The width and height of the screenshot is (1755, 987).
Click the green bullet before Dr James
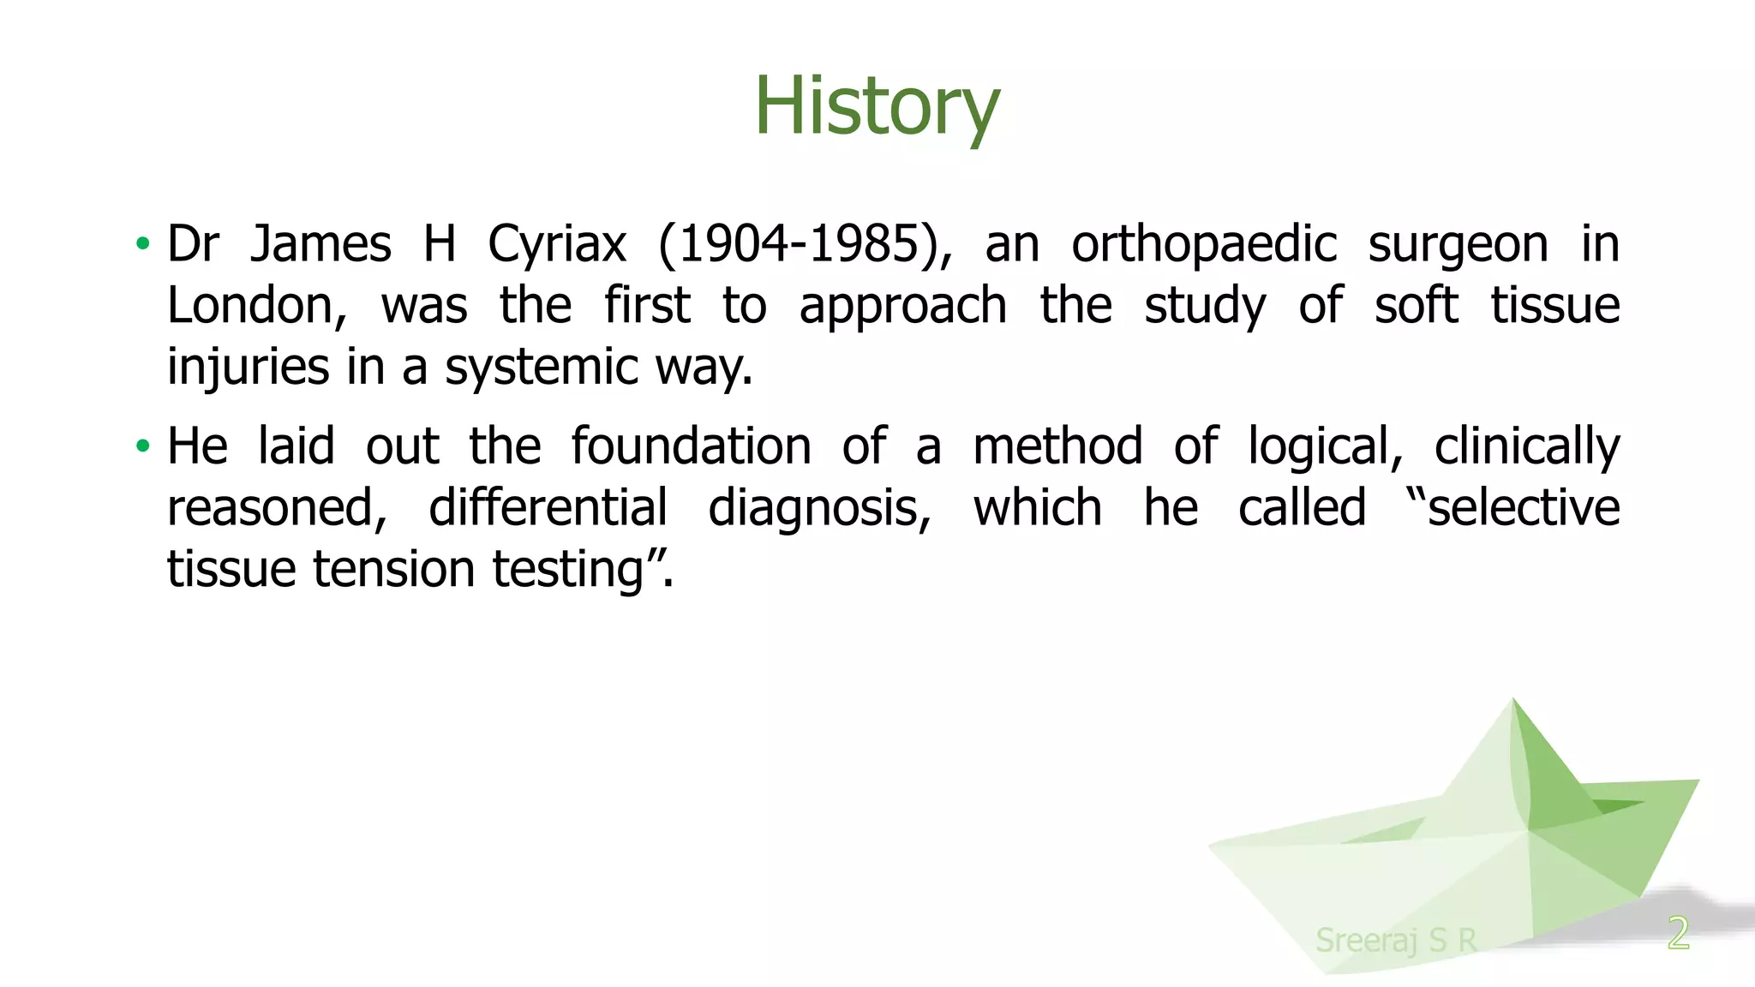click(143, 244)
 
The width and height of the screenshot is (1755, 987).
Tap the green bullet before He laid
click(143, 446)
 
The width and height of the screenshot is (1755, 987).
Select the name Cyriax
click(556, 244)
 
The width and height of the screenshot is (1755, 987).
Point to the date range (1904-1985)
click(805, 244)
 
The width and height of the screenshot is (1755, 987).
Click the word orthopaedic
click(1203, 244)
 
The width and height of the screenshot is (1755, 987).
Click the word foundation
click(691, 446)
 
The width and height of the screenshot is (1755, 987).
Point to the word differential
click(548, 508)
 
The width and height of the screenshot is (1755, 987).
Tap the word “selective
click(1513, 508)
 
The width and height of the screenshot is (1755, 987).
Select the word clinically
click(1527, 447)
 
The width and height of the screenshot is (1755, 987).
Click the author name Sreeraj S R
click(1396, 940)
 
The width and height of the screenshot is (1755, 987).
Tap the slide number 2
click(1678, 932)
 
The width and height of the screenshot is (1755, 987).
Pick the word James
click(320, 244)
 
